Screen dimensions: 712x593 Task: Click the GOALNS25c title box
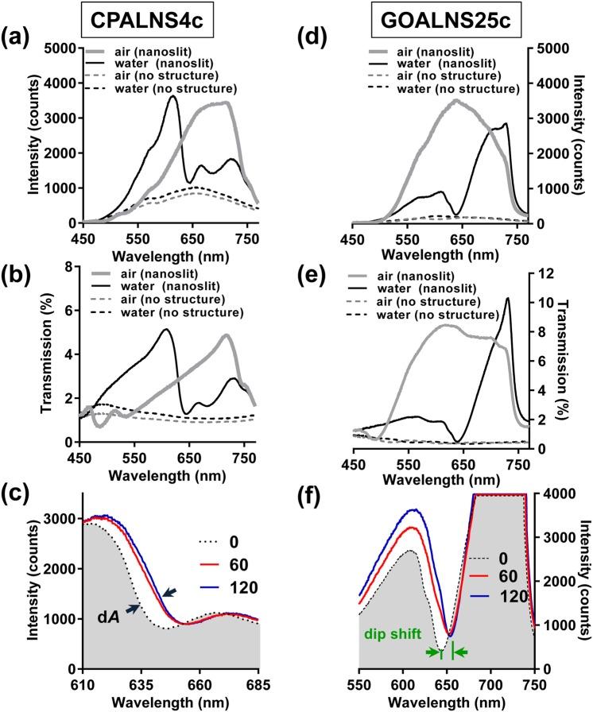click(443, 17)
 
